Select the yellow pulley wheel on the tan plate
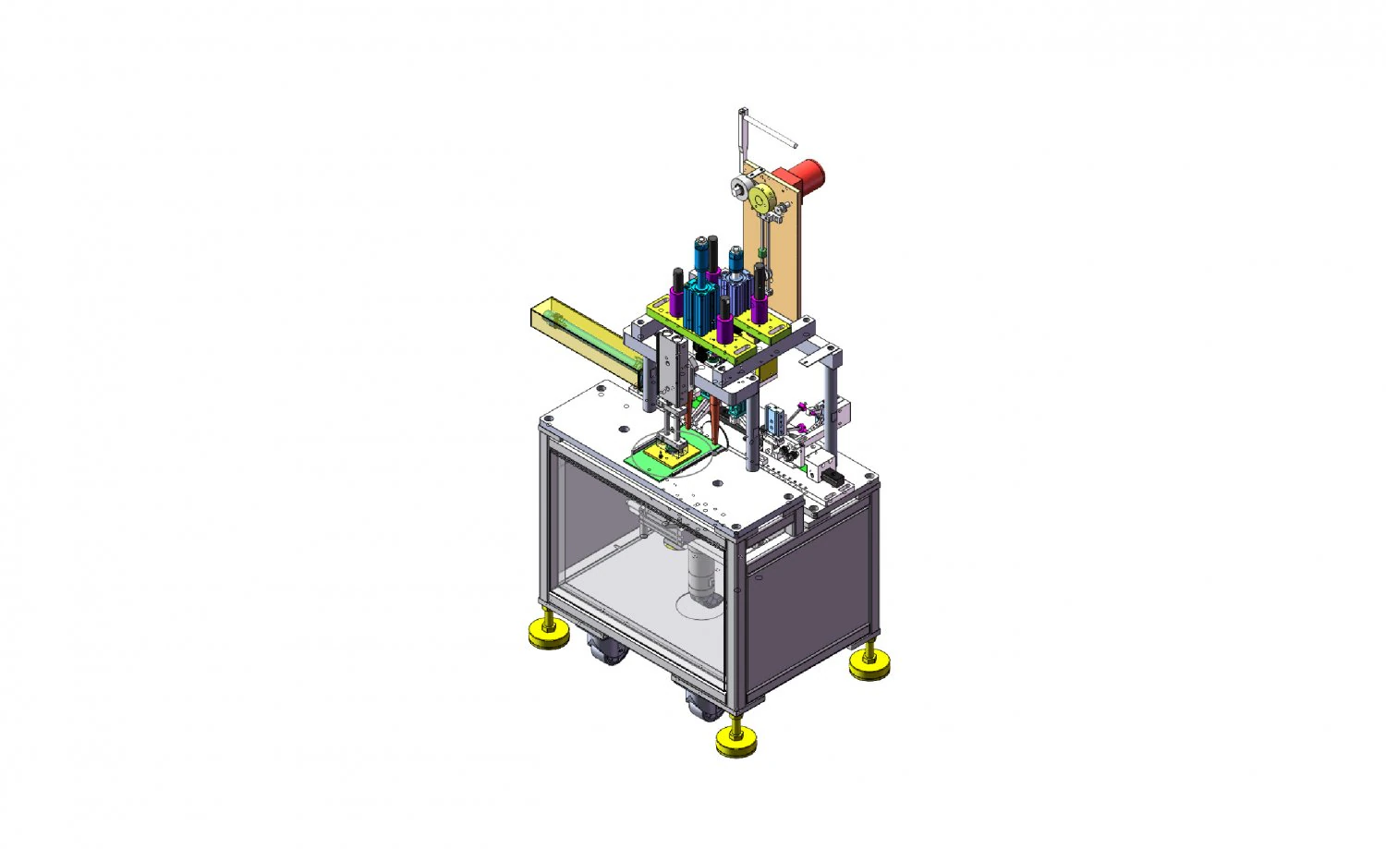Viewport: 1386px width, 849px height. (x=762, y=200)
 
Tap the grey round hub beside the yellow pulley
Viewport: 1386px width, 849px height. (x=739, y=188)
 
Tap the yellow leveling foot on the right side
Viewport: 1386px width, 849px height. (x=869, y=664)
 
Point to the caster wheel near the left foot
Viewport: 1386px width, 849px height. (x=605, y=650)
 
